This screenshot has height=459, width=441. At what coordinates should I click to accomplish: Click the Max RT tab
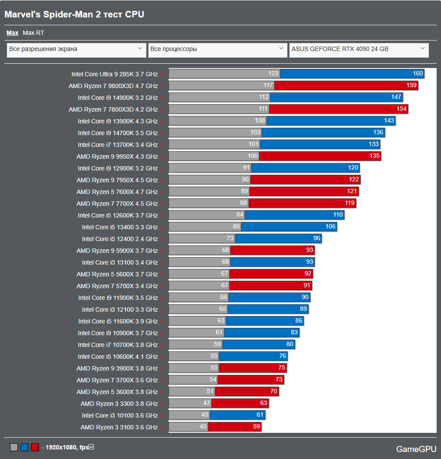coord(33,33)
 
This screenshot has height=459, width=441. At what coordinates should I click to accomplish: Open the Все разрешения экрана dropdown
coord(76,49)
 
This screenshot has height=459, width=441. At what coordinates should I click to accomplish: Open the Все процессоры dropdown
coord(217,49)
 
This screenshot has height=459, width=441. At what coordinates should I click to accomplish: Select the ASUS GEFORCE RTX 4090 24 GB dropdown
coord(358,49)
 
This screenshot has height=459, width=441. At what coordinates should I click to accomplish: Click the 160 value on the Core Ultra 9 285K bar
coord(418,74)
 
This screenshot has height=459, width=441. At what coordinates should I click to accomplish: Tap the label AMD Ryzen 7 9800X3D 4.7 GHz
coord(113,86)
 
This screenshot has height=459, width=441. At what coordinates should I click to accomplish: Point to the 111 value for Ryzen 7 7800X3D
coord(263,109)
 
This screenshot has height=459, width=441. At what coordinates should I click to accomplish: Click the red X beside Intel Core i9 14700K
coord(162,133)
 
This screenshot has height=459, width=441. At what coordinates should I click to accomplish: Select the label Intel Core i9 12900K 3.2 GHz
coord(118,168)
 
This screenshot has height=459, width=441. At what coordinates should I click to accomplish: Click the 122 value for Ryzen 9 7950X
coord(354,180)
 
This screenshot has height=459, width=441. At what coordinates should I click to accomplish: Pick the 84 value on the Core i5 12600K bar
coord(240,215)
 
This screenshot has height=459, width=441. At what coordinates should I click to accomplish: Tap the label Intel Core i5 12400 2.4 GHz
coord(120,239)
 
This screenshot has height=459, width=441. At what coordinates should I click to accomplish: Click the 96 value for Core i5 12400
coord(317,238)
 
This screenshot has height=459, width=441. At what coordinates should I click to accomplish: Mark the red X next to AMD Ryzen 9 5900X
coord(162,251)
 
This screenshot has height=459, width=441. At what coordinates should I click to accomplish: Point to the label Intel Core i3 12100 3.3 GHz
coord(120,309)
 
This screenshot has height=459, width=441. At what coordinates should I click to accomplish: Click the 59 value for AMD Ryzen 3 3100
coord(256,427)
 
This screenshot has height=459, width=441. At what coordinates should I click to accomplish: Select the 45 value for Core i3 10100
coord(205,415)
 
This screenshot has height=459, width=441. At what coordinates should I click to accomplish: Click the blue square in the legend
coord(24,447)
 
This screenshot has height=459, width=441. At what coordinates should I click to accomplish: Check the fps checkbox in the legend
coord(91,447)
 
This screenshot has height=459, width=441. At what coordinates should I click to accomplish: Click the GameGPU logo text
coord(415,449)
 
